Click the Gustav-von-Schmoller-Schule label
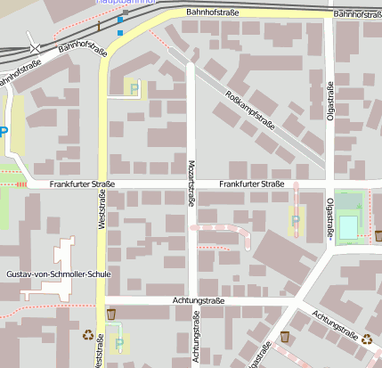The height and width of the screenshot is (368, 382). pyautogui.click(x=58, y=274)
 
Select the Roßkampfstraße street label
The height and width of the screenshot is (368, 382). pyautogui.click(x=251, y=112)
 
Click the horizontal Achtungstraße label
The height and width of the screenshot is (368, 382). pyautogui.click(x=187, y=301)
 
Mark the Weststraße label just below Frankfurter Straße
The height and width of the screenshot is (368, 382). pyautogui.click(x=102, y=215)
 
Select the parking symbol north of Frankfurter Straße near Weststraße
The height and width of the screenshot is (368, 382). pyautogui.click(x=134, y=87)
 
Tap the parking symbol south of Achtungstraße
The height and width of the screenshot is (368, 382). pyautogui.click(x=119, y=341)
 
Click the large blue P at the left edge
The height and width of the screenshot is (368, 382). pyautogui.click(x=4, y=132)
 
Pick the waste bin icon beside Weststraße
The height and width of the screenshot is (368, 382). pyautogui.click(x=111, y=314)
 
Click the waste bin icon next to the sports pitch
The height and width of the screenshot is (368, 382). pyautogui.click(x=378, y=235)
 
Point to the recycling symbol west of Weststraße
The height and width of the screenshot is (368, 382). pyautogui.click(x=87, y=335)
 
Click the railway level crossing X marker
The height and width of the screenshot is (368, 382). pyautogui.click(x=35, y=45)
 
